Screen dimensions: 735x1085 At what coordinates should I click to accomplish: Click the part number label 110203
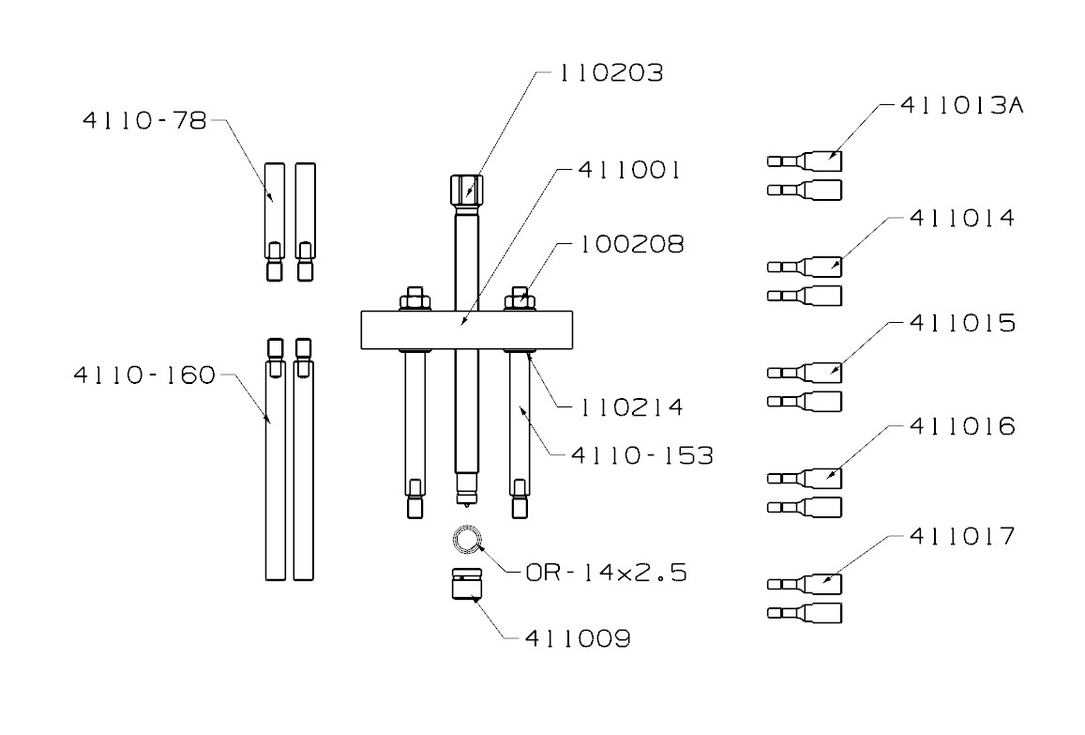[x=610, y=73]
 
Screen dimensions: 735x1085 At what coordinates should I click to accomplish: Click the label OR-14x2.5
[x=605, y=572]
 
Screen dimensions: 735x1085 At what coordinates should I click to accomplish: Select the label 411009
[x=576, y=639]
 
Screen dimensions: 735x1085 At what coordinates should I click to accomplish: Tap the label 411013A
[x=959, y=105]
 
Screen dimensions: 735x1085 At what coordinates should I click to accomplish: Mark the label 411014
[x=962, y=218]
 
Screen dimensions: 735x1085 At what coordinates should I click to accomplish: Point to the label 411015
[x=962, y=323]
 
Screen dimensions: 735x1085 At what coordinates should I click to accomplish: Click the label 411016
[x=962, y=427]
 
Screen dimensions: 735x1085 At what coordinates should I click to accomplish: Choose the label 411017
[x=962, y=537]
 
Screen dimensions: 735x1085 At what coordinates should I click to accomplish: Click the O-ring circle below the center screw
[x=467, y=540]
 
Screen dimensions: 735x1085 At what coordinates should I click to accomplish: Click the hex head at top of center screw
[x=467, y=191]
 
